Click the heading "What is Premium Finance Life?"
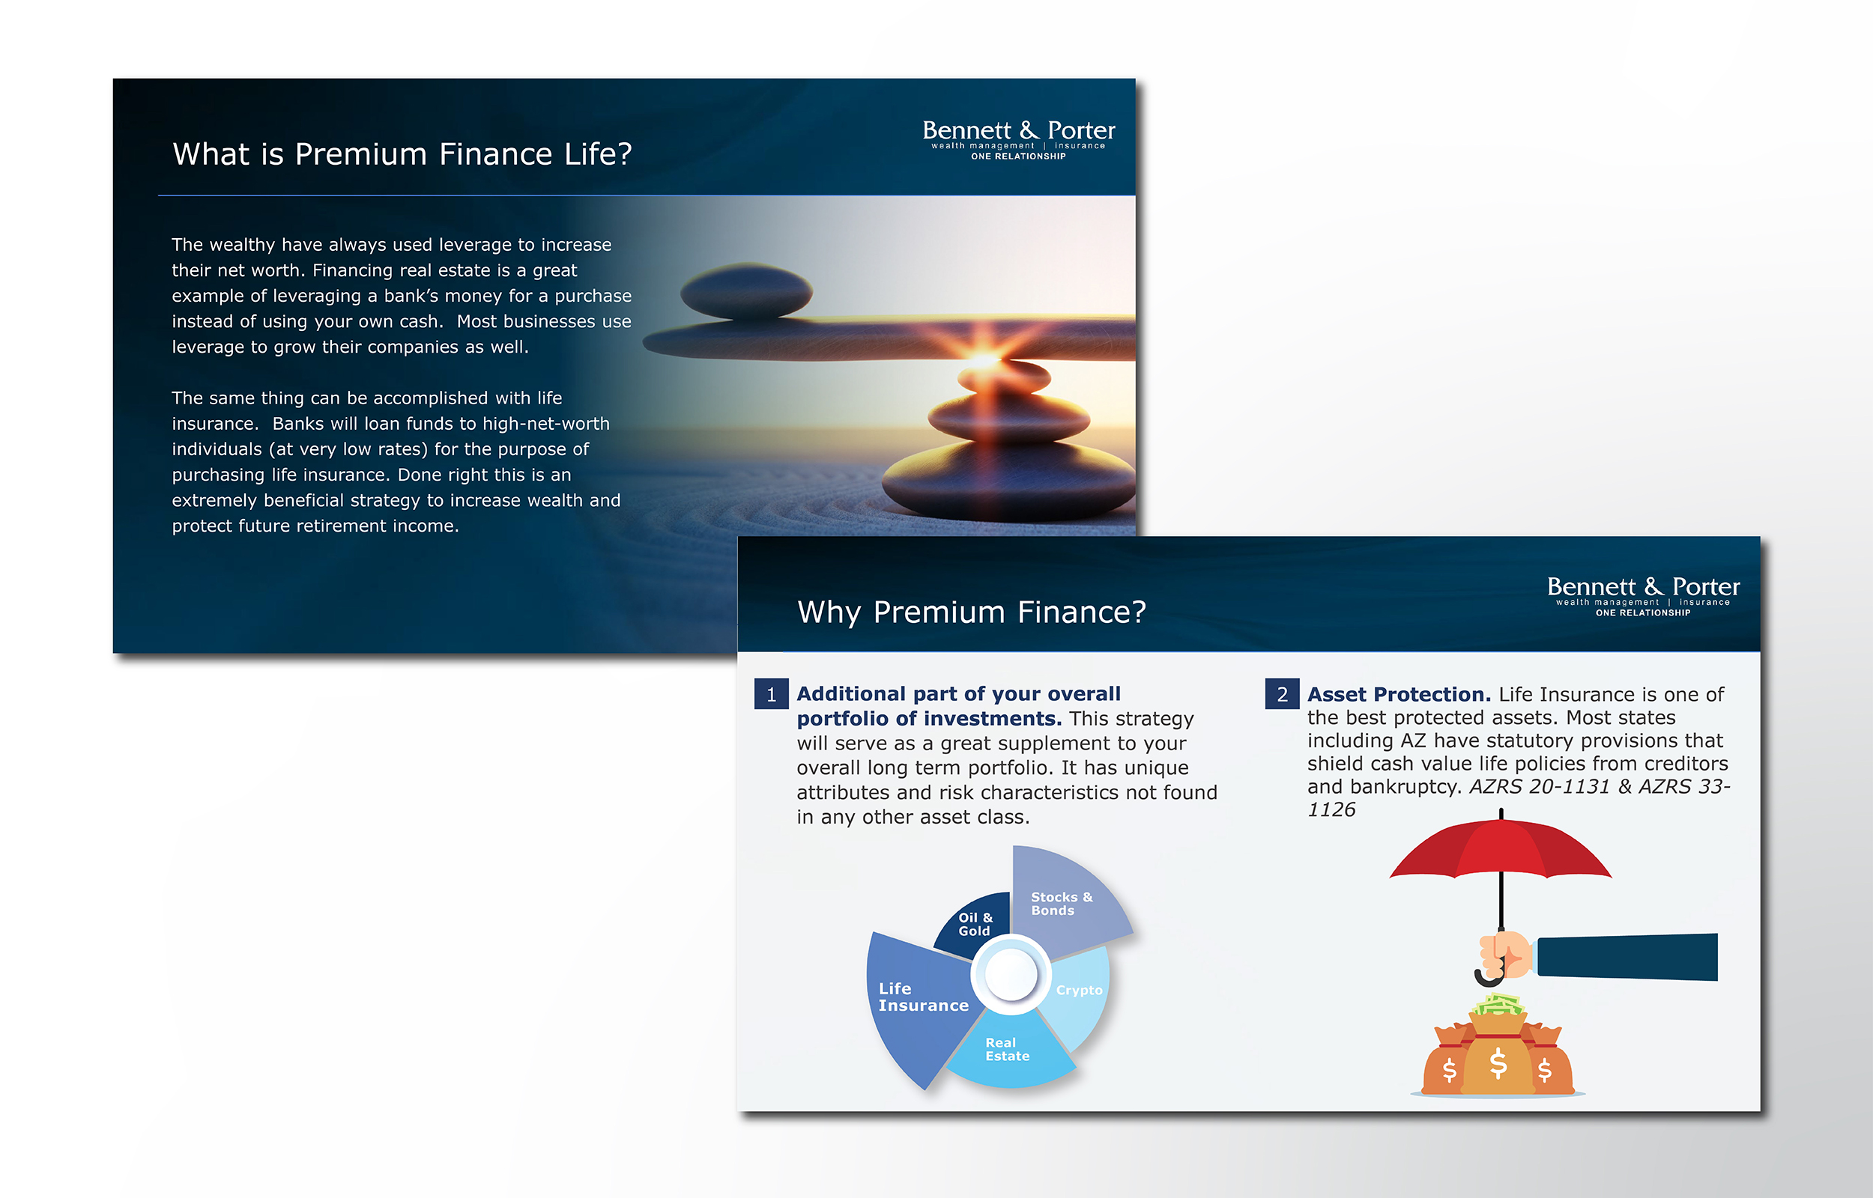coord(402,154)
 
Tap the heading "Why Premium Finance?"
coord(971,612)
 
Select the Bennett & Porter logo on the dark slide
coord(1019,139)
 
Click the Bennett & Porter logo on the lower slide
coord(1644,596)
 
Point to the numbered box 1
coord(771,694)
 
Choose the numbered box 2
coord(1282,694)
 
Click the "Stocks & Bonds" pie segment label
coord(1062,904)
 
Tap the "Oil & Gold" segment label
coord(975,924)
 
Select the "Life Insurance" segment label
coord(924,997)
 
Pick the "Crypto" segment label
coord(1080,991)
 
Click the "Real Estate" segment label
coord(1007,1050)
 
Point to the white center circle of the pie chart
coord(1011,974)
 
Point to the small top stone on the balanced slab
coord(746,291)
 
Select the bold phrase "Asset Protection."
coord(1399,694)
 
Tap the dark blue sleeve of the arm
coord(1627,957)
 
